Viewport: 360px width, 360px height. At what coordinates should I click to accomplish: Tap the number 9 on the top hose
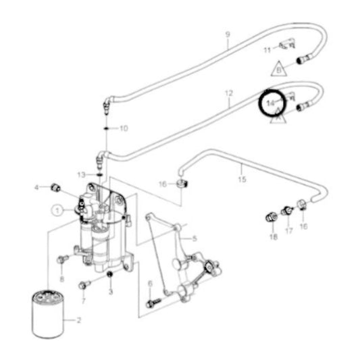pyautogui.click(x=228, y=34)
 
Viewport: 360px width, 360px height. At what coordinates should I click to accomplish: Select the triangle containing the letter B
pyautogui.click(x=278, y=68)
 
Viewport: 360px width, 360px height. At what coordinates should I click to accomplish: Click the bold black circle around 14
pyautogui.click(x=272, y=103)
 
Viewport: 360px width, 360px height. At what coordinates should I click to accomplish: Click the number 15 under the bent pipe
pyautogui.click(x=241, y=180)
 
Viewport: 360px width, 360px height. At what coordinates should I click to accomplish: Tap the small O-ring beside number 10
pyautogui.click(x=107, y=127)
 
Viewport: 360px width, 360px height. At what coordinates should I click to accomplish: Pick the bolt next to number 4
pyautogui.click(x=55, y=186)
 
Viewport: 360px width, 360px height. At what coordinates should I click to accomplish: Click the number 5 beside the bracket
pyautogui.click(x=195, y=238)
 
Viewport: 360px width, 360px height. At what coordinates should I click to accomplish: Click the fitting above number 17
pyautogui.click(x=286, y=210)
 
